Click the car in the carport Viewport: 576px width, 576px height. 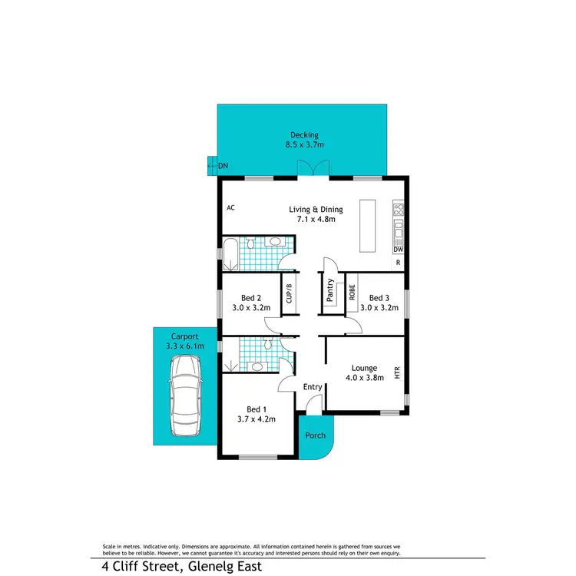[x=185, y=397]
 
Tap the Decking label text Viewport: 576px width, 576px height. [x=304, y=135]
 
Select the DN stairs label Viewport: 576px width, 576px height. [x=223, y=165]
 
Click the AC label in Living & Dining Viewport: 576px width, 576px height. [x=230, y=208]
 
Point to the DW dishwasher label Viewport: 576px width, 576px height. [x=398, y=250]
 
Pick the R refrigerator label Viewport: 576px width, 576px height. [x=398, y=263]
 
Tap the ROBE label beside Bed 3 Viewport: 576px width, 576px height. [x=352, y=292]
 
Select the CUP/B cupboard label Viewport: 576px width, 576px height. [x=290, y=295]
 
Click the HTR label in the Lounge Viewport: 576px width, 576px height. [x=397, y=373]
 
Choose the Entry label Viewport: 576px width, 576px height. [x=313, y=386]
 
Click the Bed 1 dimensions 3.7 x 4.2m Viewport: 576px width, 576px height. [x=257, y=419]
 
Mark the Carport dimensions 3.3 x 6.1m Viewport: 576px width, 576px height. [x=185, y=346]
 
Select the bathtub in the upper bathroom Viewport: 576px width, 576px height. [x=230, y=253]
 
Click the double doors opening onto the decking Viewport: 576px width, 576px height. [x=313, y=169]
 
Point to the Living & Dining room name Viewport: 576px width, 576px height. [x=316, y=209]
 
